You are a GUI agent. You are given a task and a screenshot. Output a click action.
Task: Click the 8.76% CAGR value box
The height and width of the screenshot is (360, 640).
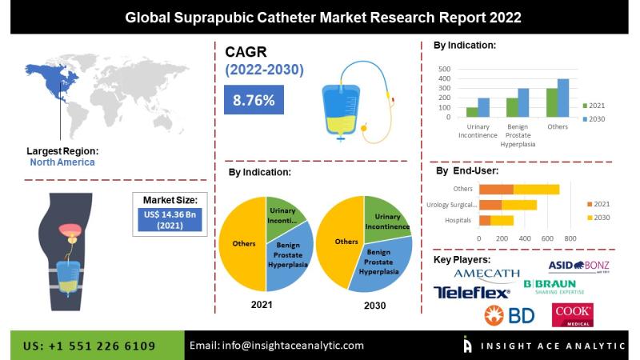pyautogui.click(x=254, y=99)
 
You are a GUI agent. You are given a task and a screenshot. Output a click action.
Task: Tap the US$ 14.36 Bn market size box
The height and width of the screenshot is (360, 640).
pyautogui.click(x=170, y=220)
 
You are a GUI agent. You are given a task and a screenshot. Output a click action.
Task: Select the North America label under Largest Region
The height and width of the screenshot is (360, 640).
pyautogui.click(x=62, y=162)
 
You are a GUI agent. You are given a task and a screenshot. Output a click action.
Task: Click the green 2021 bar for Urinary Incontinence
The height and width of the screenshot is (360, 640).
pyautogui.click(x=472, y=112)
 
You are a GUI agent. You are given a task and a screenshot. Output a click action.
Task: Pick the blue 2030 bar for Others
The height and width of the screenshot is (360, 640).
pyautogui.click(x=563, y=98)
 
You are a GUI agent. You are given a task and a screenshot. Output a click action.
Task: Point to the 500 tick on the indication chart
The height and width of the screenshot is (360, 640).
pyautogui.click(x=445, y=69)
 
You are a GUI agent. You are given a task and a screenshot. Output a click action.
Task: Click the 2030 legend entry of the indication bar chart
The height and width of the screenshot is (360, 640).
pyautogui.click(x=594, y=119)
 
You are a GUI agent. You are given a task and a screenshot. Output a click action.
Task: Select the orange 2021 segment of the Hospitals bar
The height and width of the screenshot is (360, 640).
pyautogui.click(x=485, y=221)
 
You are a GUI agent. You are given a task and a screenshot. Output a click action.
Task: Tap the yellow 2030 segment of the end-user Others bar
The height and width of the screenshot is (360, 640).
pyautogui.click(x=536, y=190)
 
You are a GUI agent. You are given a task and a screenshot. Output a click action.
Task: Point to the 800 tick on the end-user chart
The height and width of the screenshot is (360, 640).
pyautogui.click(x=570, y=238)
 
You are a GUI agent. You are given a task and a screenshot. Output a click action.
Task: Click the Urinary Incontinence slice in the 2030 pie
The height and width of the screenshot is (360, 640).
pyautogui.click(x=386, y=218)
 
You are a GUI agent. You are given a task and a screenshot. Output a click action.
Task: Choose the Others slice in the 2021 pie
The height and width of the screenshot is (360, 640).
pyautogui.click(x=242, y=244)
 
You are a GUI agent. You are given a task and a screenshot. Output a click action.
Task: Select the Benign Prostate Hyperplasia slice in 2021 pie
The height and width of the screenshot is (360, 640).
pyautogui.click(x=290, y=255)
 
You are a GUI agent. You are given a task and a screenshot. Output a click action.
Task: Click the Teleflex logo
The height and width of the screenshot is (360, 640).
pyautogui.click(x=471, y=292)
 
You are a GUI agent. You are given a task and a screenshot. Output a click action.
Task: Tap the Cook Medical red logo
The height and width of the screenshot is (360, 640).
pyautogui.click(x=573, y=314)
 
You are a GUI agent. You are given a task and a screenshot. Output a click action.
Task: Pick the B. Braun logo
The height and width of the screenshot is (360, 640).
pyautogui.click(x=554, y=286)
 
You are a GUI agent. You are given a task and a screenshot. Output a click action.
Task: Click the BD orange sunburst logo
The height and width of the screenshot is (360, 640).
pyautogui.click(x=494, y=315)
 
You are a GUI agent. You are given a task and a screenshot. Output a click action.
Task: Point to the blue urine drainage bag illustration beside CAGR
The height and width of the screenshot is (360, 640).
pyautogui.click(x=341, y=110)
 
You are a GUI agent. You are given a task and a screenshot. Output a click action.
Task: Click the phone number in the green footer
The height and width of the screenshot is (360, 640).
pyautogui.click(x=90, y=346)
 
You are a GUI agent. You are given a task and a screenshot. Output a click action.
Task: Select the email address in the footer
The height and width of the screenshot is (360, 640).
pyautogui.click(x=277, y=346)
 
